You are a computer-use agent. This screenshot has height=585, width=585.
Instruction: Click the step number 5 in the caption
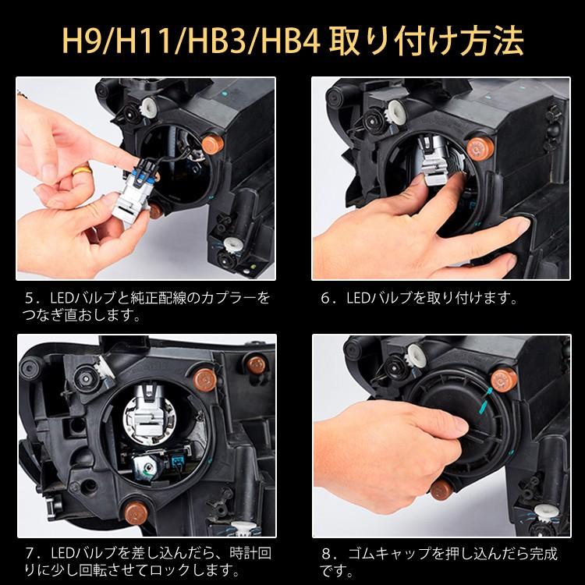30,299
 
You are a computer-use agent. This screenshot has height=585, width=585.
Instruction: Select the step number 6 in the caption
326,299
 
